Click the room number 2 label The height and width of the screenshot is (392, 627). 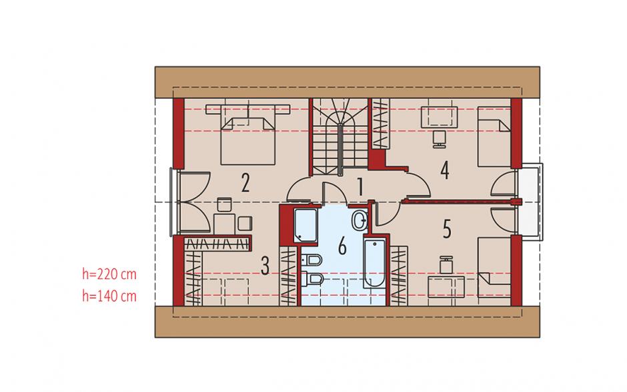(245, 183)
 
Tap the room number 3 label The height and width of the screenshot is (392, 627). (265, 266)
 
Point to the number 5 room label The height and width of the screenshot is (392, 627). (447, 229)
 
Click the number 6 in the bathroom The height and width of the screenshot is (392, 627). (342, 246)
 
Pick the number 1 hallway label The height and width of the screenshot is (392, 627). (360, 186)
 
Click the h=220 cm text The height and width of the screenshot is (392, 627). (109, 274)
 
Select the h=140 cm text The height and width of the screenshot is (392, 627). (109, 297)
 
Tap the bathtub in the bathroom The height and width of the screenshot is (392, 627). (375, 262)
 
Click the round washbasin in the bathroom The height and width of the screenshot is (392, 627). (360, 220)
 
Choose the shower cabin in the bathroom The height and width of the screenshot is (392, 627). (305, 226)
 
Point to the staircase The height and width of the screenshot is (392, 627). (340, 136)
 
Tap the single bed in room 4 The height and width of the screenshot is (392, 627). (494, 136)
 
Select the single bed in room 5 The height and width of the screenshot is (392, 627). (494, 267)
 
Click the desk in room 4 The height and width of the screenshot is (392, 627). (440, 116)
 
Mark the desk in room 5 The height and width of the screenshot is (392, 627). (446, 286)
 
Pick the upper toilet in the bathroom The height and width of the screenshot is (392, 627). (311, 260)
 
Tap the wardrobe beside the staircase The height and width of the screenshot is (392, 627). (380, 124)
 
